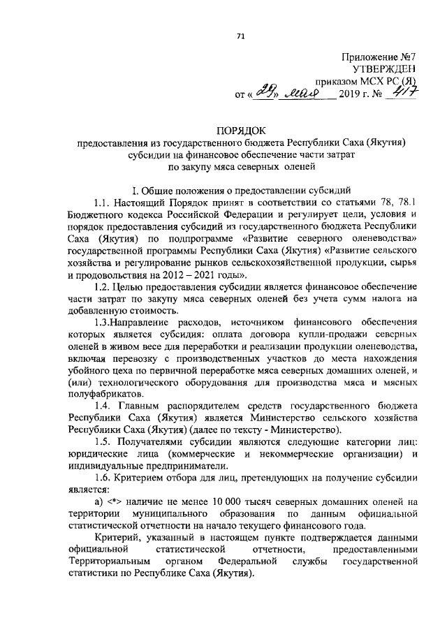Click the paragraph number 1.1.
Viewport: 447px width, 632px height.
click(x=103, y=203)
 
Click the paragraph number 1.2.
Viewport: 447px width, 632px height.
click(x=103, y=288)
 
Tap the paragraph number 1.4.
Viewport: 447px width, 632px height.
click(x=103, y=405)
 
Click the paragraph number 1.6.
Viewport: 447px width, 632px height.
click(x=103, y=478)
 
